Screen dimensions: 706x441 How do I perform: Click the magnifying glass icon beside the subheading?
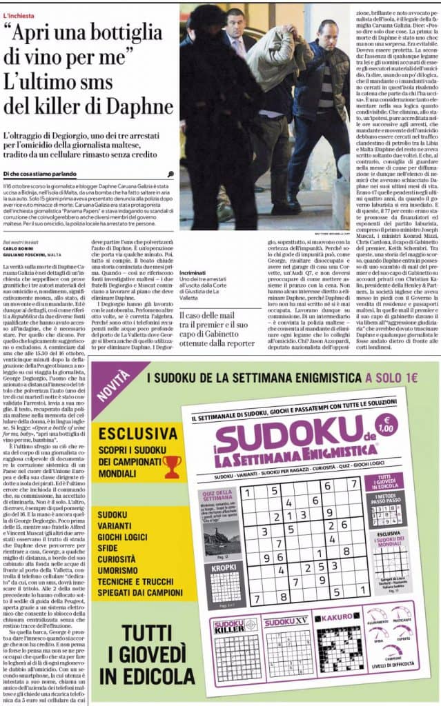pyautogui.click(x=170, y=174)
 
